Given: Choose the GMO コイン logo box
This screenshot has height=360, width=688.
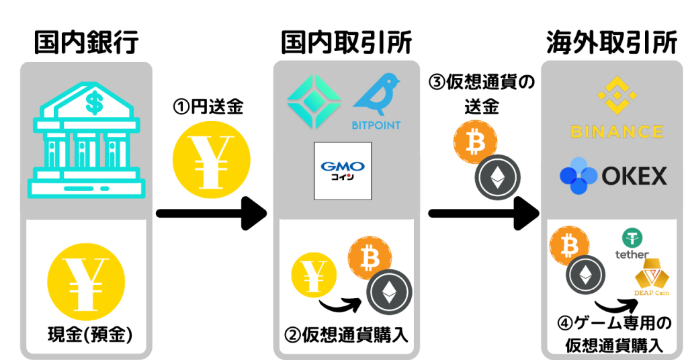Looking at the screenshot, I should click(x=343, y=171).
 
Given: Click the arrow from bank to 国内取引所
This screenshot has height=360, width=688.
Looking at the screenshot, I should click(x=212, y=214).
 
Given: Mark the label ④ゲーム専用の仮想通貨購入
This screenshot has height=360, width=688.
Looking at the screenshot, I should click(x=614, y=334).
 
